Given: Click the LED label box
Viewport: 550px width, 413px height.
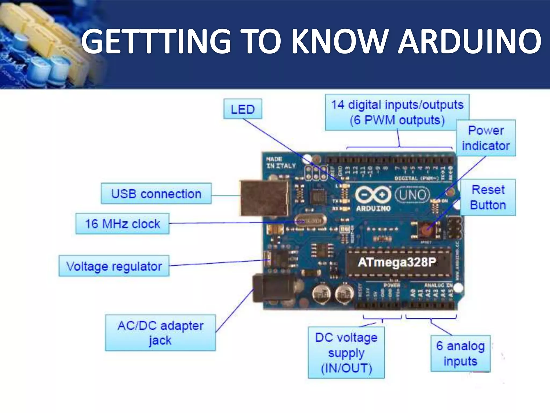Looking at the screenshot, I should point(243,109).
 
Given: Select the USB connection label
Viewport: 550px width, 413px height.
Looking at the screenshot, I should point(156,194).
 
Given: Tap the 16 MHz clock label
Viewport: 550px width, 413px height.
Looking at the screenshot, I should point(122,224).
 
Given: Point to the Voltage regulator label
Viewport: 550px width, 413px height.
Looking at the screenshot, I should point(114,266).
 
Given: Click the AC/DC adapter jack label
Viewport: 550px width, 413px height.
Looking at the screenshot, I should point(160,333).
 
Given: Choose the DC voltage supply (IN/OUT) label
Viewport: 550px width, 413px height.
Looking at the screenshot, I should point(346,353).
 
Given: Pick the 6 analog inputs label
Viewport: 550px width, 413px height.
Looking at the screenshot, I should point(460,353).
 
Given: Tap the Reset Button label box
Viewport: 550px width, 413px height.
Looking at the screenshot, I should point(488,197).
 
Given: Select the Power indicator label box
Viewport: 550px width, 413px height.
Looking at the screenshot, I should point(486,138).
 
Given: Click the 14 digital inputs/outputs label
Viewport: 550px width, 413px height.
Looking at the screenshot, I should point(397,112).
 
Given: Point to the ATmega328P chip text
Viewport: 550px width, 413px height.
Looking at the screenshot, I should point(397,262).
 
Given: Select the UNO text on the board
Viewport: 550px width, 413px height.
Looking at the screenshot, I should point(413,195).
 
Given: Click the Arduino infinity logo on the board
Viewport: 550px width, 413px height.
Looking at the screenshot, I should point(373,195).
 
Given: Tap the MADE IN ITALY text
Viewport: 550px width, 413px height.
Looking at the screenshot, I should point(281,162).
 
